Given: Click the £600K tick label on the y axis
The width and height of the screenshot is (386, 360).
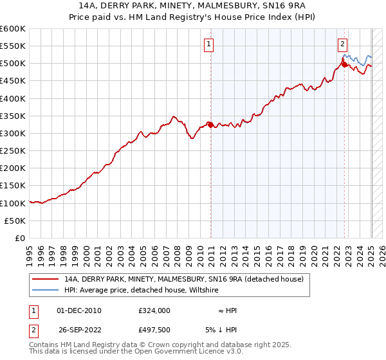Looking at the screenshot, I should point(12,29).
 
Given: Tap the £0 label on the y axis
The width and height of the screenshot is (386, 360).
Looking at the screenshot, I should point(21,238).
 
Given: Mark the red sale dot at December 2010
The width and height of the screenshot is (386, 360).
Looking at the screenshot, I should point(210,125).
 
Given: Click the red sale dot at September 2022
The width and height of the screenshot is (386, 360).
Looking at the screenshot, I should point(344,64).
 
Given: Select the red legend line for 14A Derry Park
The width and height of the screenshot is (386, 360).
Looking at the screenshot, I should point(46,279).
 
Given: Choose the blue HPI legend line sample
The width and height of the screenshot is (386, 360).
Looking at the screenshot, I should point(46,291).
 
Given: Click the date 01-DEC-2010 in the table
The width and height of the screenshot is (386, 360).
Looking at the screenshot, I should point(79,310).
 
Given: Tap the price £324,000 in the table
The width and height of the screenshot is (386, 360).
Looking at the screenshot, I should point(154,310).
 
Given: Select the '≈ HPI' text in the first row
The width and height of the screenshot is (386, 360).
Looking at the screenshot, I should point(226,310).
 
